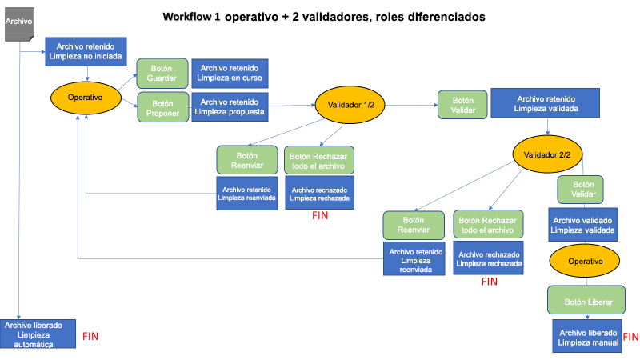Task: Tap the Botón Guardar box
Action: pos(162,74)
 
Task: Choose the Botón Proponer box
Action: pos(162,108)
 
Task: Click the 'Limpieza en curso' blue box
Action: pos(230,74)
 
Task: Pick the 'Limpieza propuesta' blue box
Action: pos(230,107)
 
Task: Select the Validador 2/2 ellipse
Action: pos(547,155)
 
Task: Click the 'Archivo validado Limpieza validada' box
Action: pos(582,224)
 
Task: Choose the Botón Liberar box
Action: pos(586,302)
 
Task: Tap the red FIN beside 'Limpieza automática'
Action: pos(90,337)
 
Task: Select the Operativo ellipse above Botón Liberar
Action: pos(586,262)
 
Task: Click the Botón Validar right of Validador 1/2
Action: pos(462,106)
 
